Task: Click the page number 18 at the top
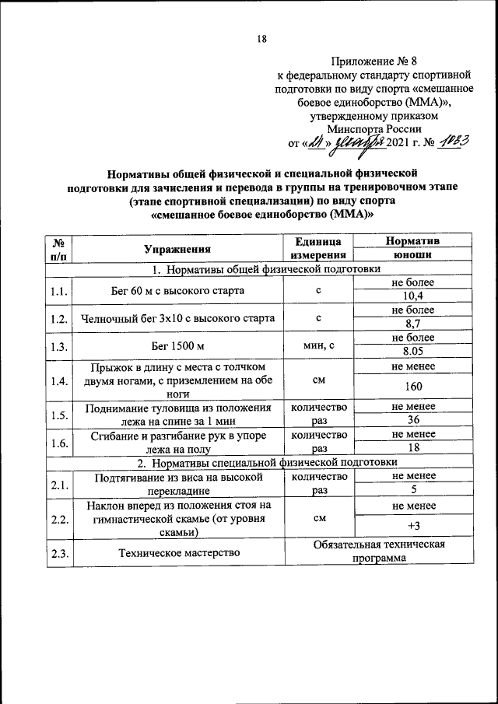point(262,41)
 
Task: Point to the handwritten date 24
point(315,143)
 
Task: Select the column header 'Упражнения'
point(177,249)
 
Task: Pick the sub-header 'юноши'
point(412,255)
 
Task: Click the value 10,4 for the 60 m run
point(412,296)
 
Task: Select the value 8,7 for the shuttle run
point(412,324)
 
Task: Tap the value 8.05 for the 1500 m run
point(412,351)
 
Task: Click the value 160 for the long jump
point(412,387)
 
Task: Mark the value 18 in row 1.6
point(412,449)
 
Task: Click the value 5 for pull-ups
point(412,490)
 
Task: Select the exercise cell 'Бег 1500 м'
point(177,345)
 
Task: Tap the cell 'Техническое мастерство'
point(177,552)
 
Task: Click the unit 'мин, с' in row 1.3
point(317,345)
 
